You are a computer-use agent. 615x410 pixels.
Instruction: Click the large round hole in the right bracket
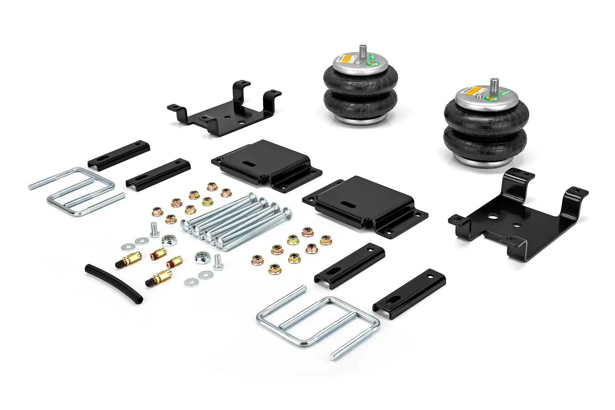[x=494, y=218]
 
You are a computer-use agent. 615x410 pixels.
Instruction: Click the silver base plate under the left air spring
[x=360, y=121]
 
